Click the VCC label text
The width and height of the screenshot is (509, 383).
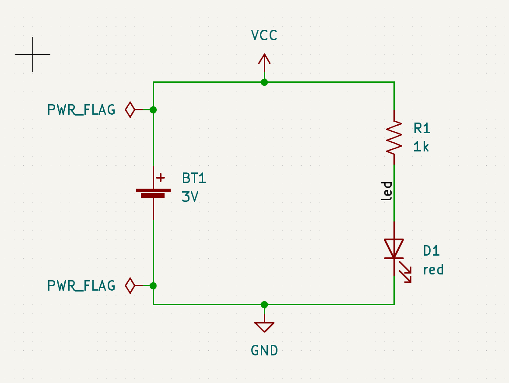click(x=264, y=35)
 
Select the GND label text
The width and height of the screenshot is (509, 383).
click(x=264, y=351)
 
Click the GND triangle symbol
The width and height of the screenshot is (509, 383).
click(x=264, y=327)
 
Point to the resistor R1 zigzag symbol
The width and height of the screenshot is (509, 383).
click(x=394, y=137)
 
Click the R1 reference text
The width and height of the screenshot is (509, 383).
click(x=422, y=128)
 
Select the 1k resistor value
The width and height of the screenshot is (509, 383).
click(x=421, y=147)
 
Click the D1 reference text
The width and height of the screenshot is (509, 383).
click(x=431, y=251)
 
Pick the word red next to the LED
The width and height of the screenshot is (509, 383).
click(x=433, y=270)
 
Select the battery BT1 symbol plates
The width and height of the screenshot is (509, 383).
click(x=153, y=193)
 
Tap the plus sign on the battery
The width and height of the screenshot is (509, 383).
click(x=161, y=177)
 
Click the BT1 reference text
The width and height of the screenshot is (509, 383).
click(x=194, y=178)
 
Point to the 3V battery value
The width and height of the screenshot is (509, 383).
click(x=190, y=197)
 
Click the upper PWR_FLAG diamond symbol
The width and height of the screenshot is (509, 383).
click(x=130, y=109)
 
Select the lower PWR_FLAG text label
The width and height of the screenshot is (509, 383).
click(x=81, y=286)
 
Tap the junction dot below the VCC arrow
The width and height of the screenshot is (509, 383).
click(x=264, y=82)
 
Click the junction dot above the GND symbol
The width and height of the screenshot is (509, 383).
click(x=264, y=304)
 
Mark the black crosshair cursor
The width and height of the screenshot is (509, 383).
click(x=32, y=54)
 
